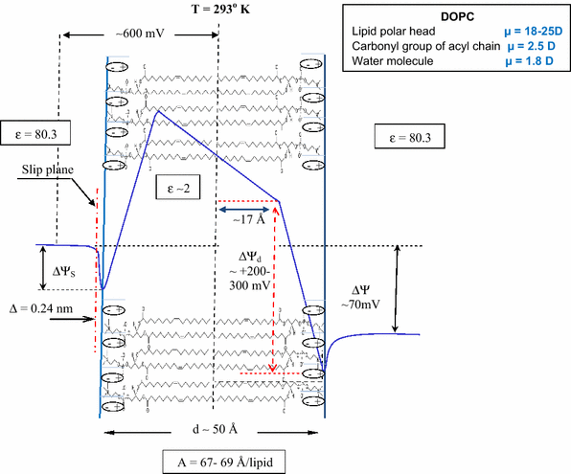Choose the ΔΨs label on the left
[65, 269]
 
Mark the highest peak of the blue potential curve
[157, 110]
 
